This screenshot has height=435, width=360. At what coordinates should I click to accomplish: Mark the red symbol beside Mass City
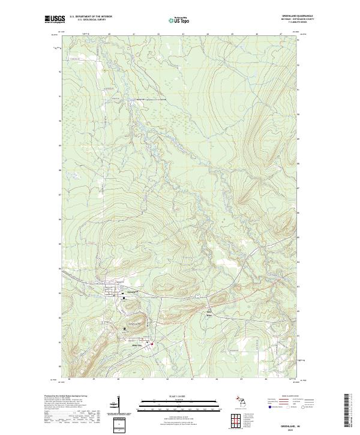coord(152,344)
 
